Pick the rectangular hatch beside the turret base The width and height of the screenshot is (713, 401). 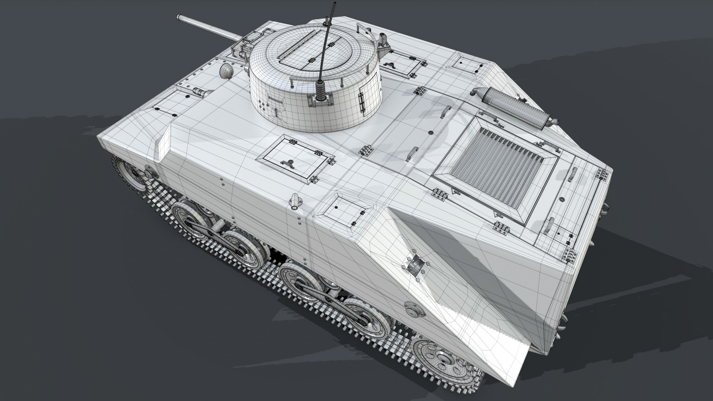point(293,158)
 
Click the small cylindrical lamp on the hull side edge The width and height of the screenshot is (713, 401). point(295,200)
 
